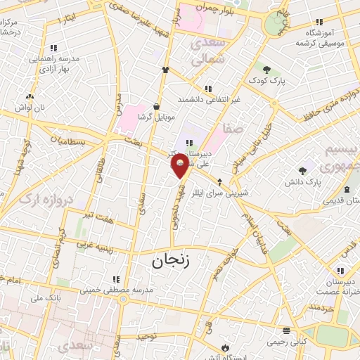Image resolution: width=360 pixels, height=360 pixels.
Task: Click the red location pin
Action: pos(180,166)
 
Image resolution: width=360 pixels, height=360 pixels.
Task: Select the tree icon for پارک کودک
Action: pos(266,68)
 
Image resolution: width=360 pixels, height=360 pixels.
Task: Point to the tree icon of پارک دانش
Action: pos(303,170)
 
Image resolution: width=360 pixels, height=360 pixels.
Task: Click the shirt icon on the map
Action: pos(166,70)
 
